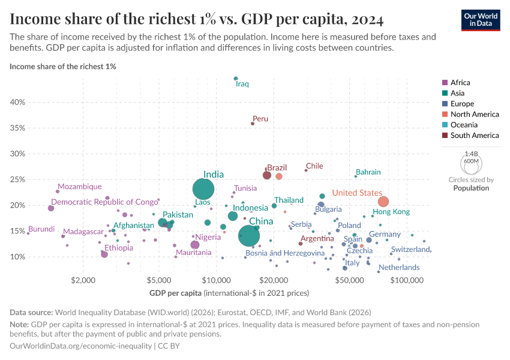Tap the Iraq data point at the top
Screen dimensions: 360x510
(236, 79)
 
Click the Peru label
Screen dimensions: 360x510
(260, 119)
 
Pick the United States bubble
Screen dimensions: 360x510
(383, 202)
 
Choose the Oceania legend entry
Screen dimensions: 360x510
(466, 125)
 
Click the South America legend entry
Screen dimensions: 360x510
(474, 136)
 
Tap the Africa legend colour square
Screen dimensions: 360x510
(444, 83)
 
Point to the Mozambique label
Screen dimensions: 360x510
(79, 187)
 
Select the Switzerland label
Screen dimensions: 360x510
(410, 250)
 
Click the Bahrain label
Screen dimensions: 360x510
(368, 172)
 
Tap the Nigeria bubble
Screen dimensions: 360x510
(195, 245)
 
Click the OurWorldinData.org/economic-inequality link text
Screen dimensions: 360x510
(81, 346)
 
